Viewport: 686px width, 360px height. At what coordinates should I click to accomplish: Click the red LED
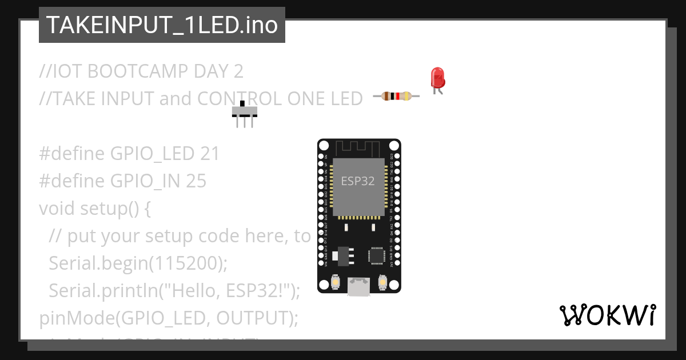(x=437, y=78)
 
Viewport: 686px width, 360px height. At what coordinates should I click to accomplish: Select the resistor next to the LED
(x=396, y=96)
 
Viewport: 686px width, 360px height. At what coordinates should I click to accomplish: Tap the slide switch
(x=245, y=111)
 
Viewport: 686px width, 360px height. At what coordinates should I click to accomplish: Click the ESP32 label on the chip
(x=358, y=181)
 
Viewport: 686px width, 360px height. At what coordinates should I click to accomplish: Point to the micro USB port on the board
(x=358, y=287)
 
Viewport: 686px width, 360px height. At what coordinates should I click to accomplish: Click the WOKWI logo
(x=607, y=315)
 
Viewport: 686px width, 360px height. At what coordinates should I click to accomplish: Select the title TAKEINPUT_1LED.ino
(x=162, y=25)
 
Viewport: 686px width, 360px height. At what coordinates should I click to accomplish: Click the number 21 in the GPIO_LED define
(x=210, y=154)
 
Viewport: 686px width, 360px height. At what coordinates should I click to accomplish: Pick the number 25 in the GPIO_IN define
(x=196, y=181)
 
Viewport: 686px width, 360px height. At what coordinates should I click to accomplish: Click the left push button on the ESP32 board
(x=336, y=282)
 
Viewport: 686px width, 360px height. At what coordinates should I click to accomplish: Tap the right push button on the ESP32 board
(x=382, y=282)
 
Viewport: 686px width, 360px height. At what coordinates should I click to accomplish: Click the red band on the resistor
(x=396, y=96)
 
